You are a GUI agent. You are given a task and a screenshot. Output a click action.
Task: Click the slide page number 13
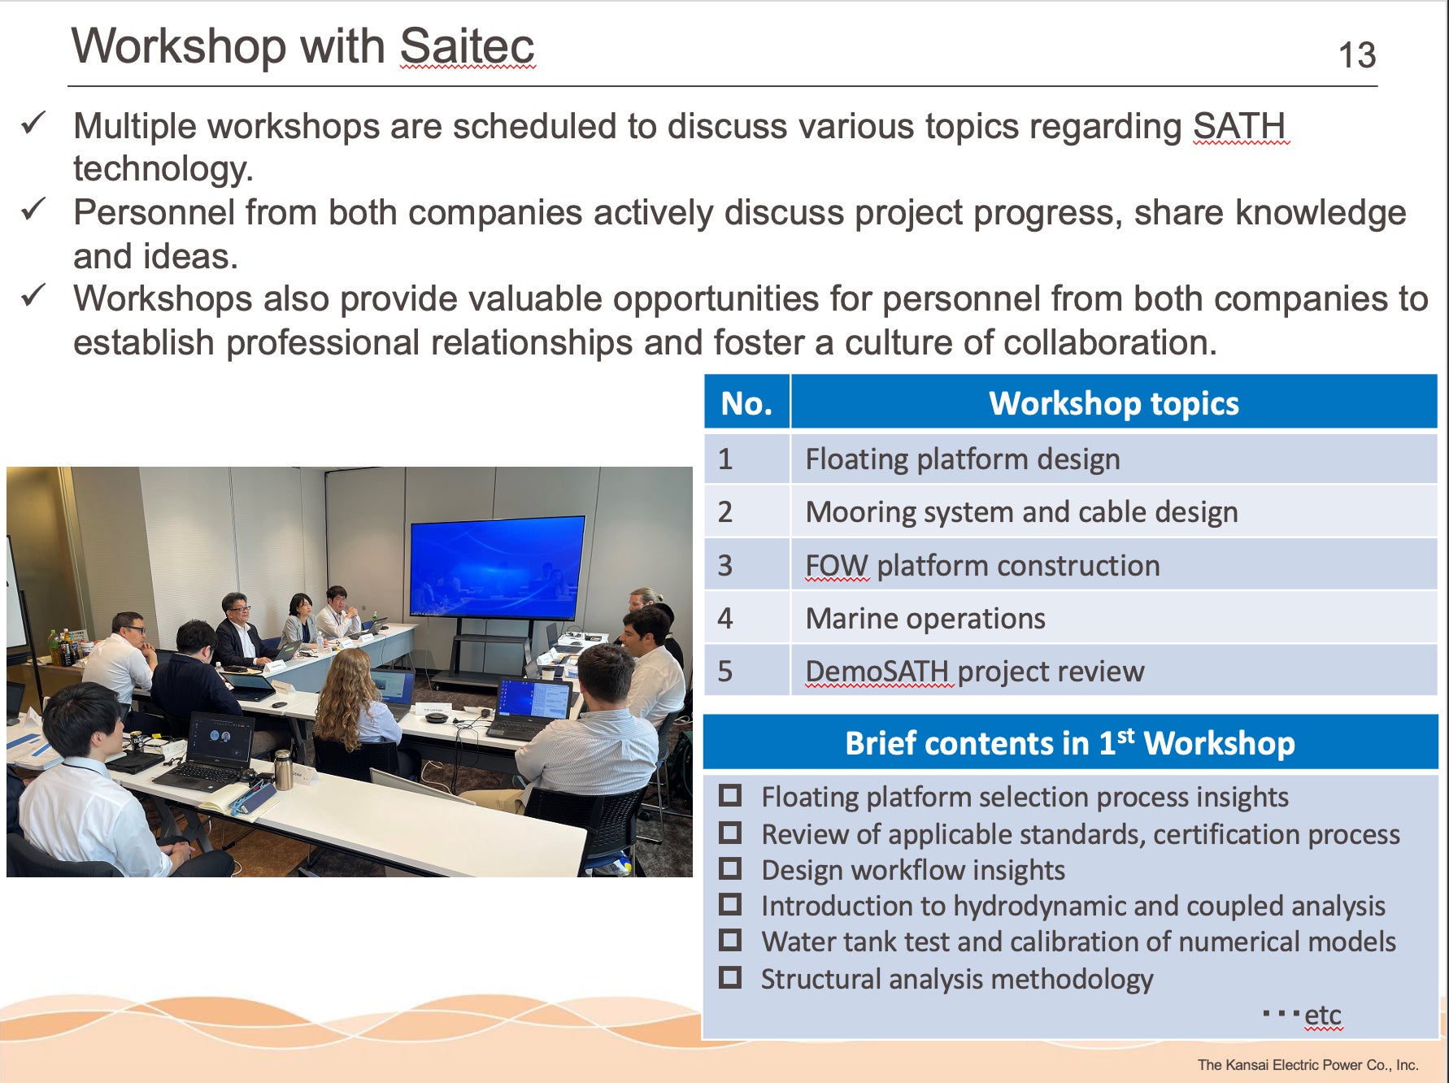(1357, 55)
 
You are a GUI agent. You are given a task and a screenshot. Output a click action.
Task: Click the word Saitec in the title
(467, 46)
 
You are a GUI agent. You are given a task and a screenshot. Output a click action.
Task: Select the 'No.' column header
(746, 403)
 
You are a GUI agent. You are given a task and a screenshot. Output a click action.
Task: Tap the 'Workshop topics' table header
(1114, 403)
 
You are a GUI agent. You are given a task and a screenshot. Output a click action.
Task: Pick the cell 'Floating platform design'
(963, 459)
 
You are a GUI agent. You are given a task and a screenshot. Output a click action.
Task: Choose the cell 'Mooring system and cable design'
(1022, 512)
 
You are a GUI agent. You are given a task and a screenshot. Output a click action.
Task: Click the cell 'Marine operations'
(925, 619)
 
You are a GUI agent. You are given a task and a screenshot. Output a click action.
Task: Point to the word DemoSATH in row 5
(877, 672)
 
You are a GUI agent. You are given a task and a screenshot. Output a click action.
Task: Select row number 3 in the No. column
(725, 566)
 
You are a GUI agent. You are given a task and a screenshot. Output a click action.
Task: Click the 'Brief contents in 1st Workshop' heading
(1070, 743)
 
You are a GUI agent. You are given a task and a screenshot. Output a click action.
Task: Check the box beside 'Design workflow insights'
(730, 868)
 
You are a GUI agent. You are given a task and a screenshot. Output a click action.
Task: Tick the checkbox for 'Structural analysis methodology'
(730, 976)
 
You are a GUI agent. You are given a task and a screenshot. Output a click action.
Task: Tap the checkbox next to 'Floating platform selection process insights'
(730, 795)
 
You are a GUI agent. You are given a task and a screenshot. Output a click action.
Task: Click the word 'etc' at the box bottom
(1323, 1016)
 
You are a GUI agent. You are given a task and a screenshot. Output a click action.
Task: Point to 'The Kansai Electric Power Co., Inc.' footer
(1308, 1065)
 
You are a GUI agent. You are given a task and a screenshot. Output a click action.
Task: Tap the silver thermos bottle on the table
(283, 769)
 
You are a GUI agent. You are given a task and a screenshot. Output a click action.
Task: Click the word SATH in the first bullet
(1239, 126)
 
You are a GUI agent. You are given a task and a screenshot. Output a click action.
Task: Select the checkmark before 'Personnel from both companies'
(34, 209)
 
